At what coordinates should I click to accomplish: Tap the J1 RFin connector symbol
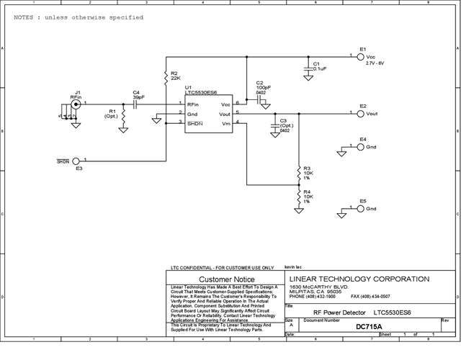[x=74, y=104]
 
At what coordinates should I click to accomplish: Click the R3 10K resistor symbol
[x=297, y=173]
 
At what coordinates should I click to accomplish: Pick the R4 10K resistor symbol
[x=297, y=196]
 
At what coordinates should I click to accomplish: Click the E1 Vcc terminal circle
[x=362, y=55]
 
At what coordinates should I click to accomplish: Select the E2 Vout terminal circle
[x=362, y=113]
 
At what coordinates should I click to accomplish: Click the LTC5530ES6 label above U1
[x=201, y=93]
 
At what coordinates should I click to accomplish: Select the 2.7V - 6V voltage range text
[x=380, y=63]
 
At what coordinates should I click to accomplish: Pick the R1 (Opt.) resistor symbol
[x=124, y=115]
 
